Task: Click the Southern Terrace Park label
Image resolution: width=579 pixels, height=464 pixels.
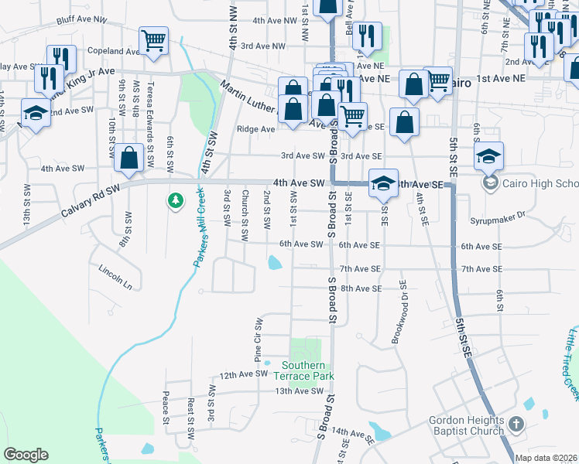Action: [x=307, y=370]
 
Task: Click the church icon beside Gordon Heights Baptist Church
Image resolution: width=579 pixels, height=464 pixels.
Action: [x=519, y=425]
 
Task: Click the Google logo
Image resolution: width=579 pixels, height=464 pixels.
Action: [x=26, y=454]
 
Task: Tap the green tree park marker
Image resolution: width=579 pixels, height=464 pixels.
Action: [x=176, y=201]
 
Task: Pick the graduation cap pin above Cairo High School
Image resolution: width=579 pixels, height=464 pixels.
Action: [x=488, y=155]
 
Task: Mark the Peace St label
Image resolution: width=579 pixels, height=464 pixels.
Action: [x=166, y=408]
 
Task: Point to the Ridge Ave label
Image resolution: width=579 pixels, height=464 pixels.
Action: [x=255, y=129]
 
